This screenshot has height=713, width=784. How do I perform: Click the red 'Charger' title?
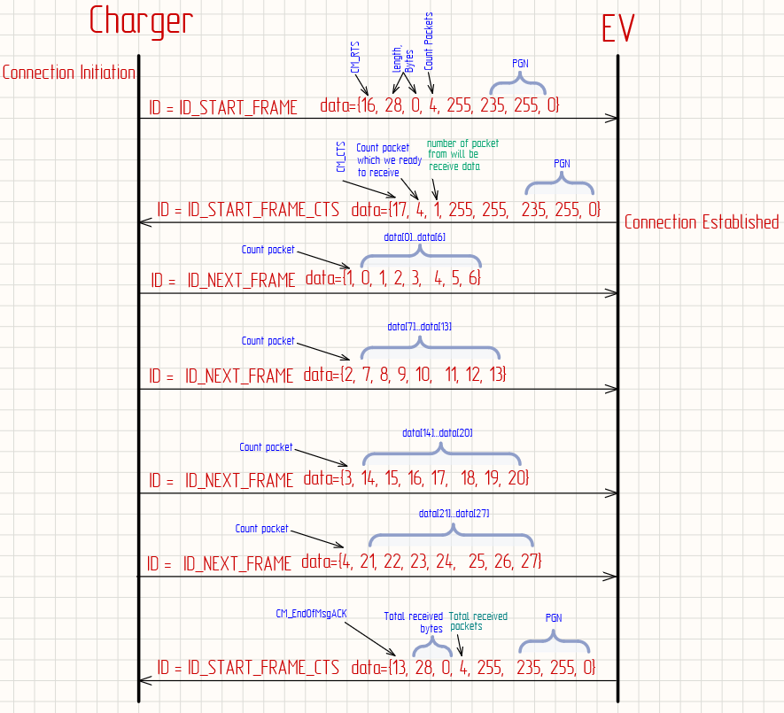[142, 21]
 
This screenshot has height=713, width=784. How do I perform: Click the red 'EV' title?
[617, 28]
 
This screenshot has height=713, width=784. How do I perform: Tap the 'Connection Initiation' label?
[69, 73]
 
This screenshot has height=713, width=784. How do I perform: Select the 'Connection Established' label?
[702, 222]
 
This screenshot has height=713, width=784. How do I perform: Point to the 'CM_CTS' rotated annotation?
[342, 162]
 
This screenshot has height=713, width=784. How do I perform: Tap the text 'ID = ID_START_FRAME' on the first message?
[223, 108]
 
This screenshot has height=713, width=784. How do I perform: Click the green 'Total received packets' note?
[478, 621]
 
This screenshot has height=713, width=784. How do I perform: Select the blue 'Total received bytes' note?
[414, 622]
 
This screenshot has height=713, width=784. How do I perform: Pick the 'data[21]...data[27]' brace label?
[454, 514]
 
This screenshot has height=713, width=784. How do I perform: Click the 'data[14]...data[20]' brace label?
[438, 433]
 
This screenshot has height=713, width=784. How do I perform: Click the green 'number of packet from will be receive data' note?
[462, 154]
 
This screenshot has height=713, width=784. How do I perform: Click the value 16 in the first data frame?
[369, 106]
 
